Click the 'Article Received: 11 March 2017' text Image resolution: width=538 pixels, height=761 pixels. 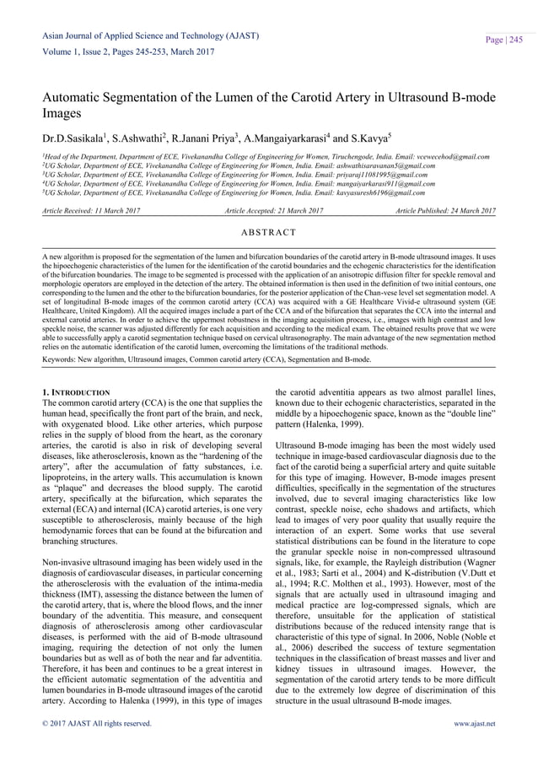[x=94, y=209]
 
